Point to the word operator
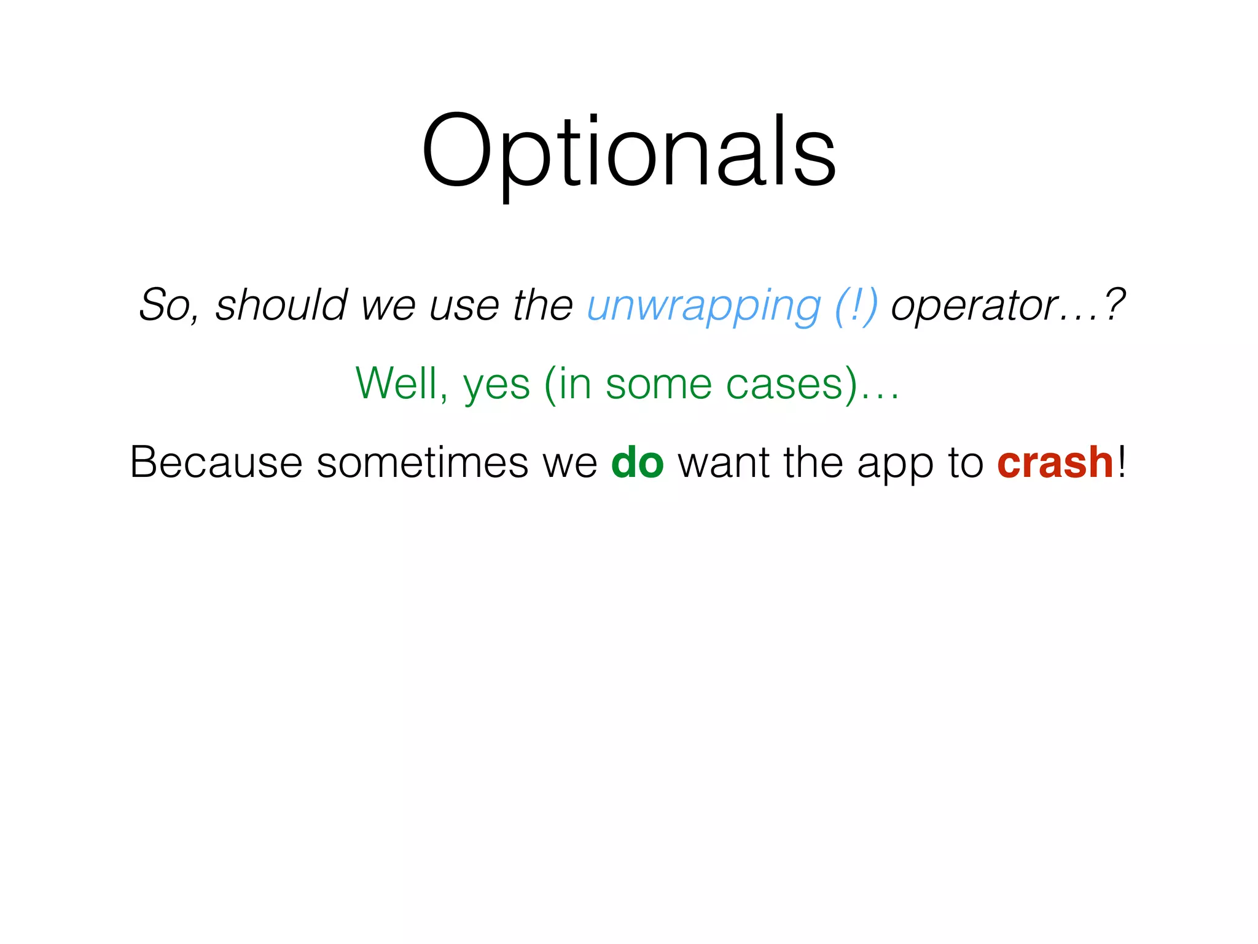(974, 305)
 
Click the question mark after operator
(1114, 305)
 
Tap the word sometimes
(422, 462)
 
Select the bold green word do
(637, 463)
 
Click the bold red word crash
(1055, 463)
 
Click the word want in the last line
(723, 463)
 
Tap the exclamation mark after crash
(1122, 462)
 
